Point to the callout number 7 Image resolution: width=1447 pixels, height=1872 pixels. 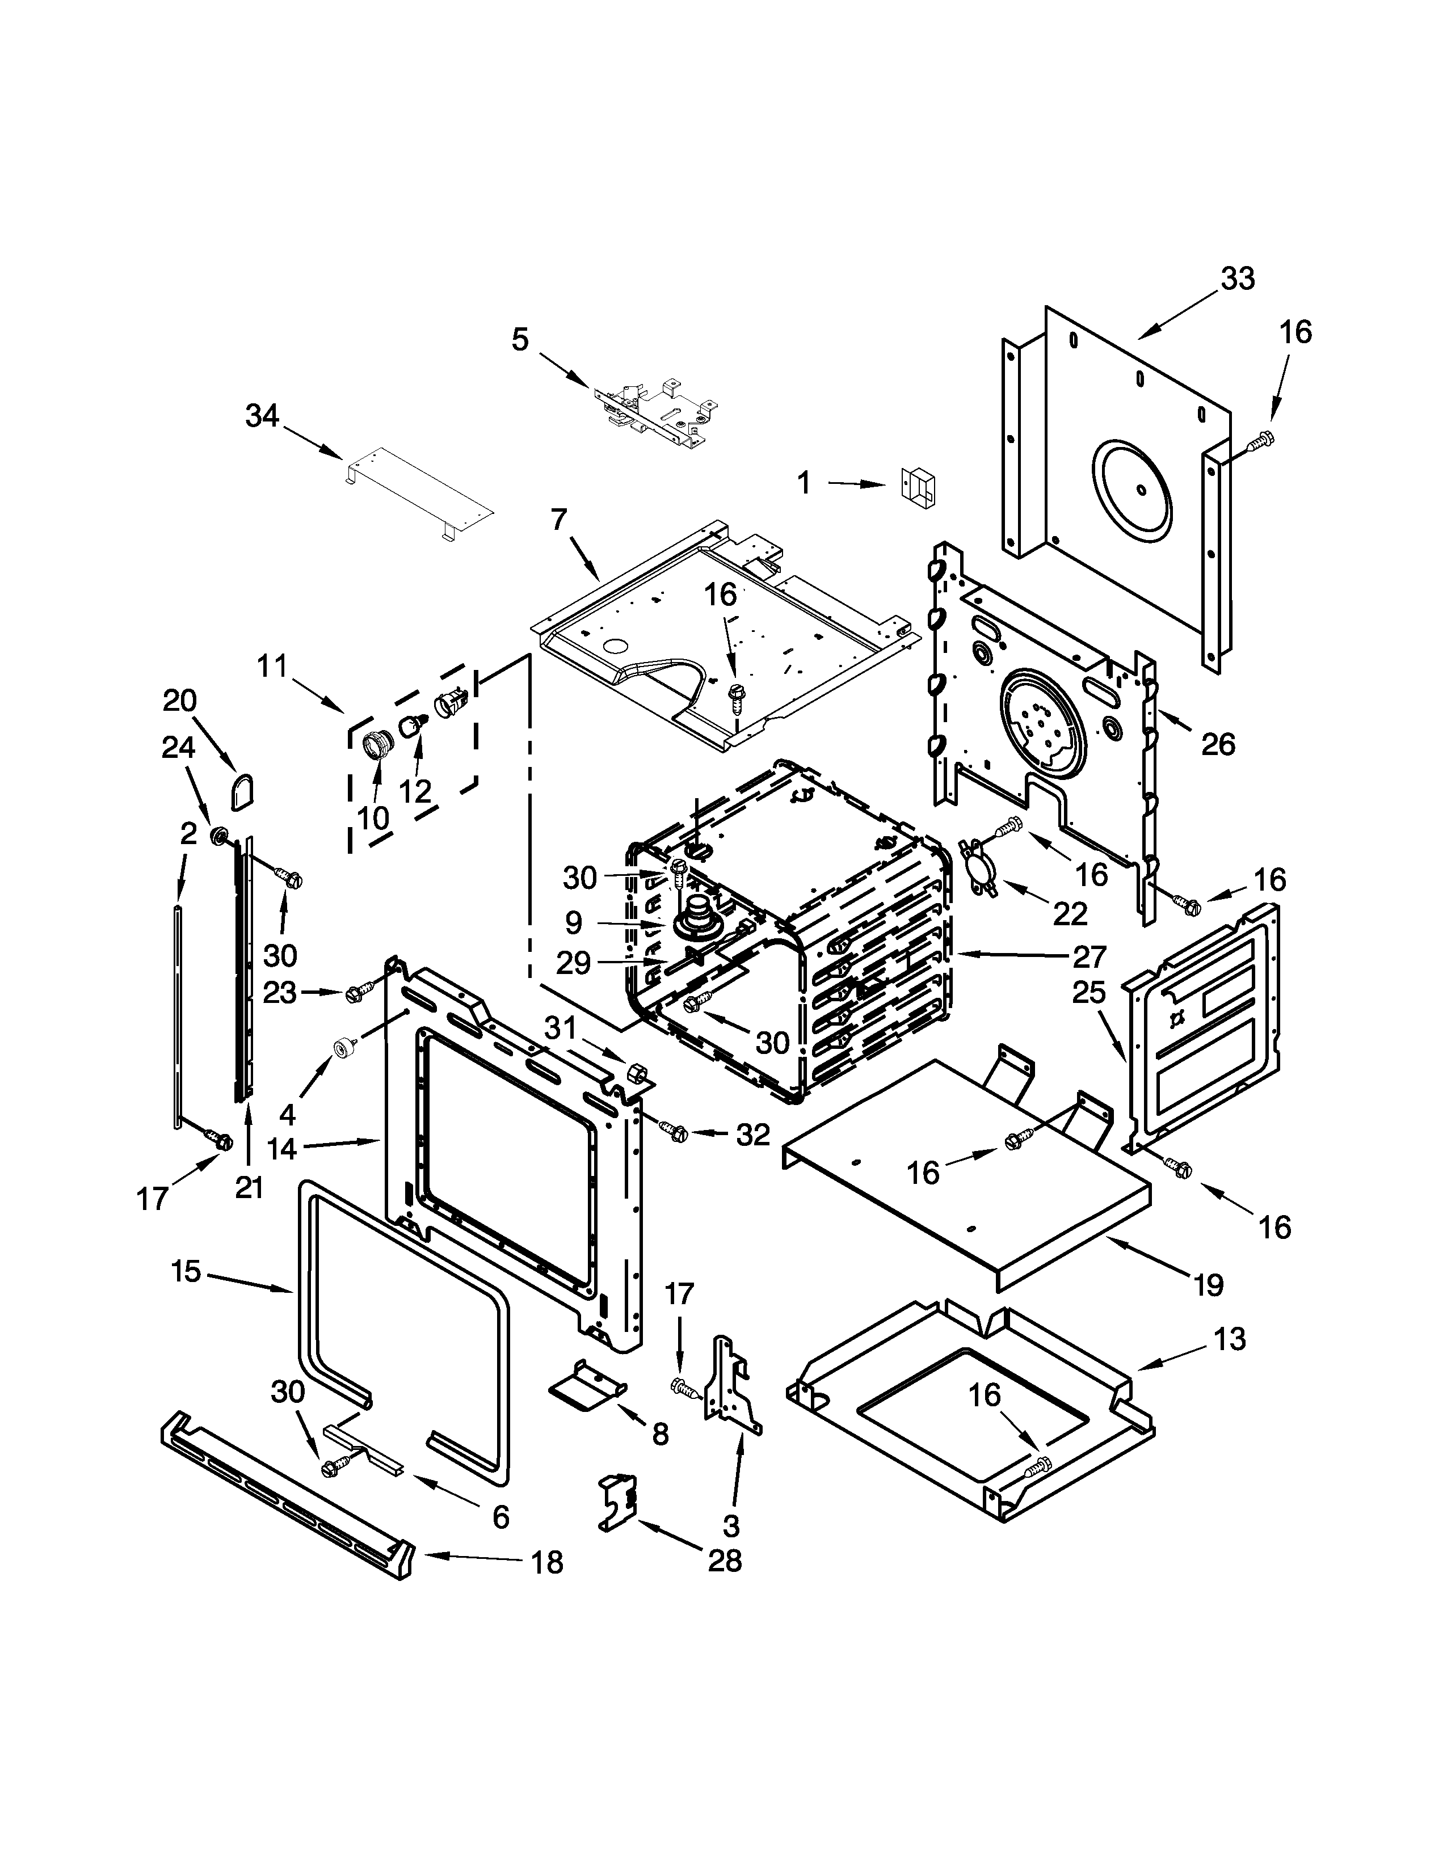[559, 520]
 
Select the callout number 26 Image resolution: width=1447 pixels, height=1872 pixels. [1217, 744]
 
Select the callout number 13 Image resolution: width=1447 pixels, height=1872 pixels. [1229, 1338]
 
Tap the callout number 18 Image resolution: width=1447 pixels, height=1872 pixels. [547, 1563]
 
